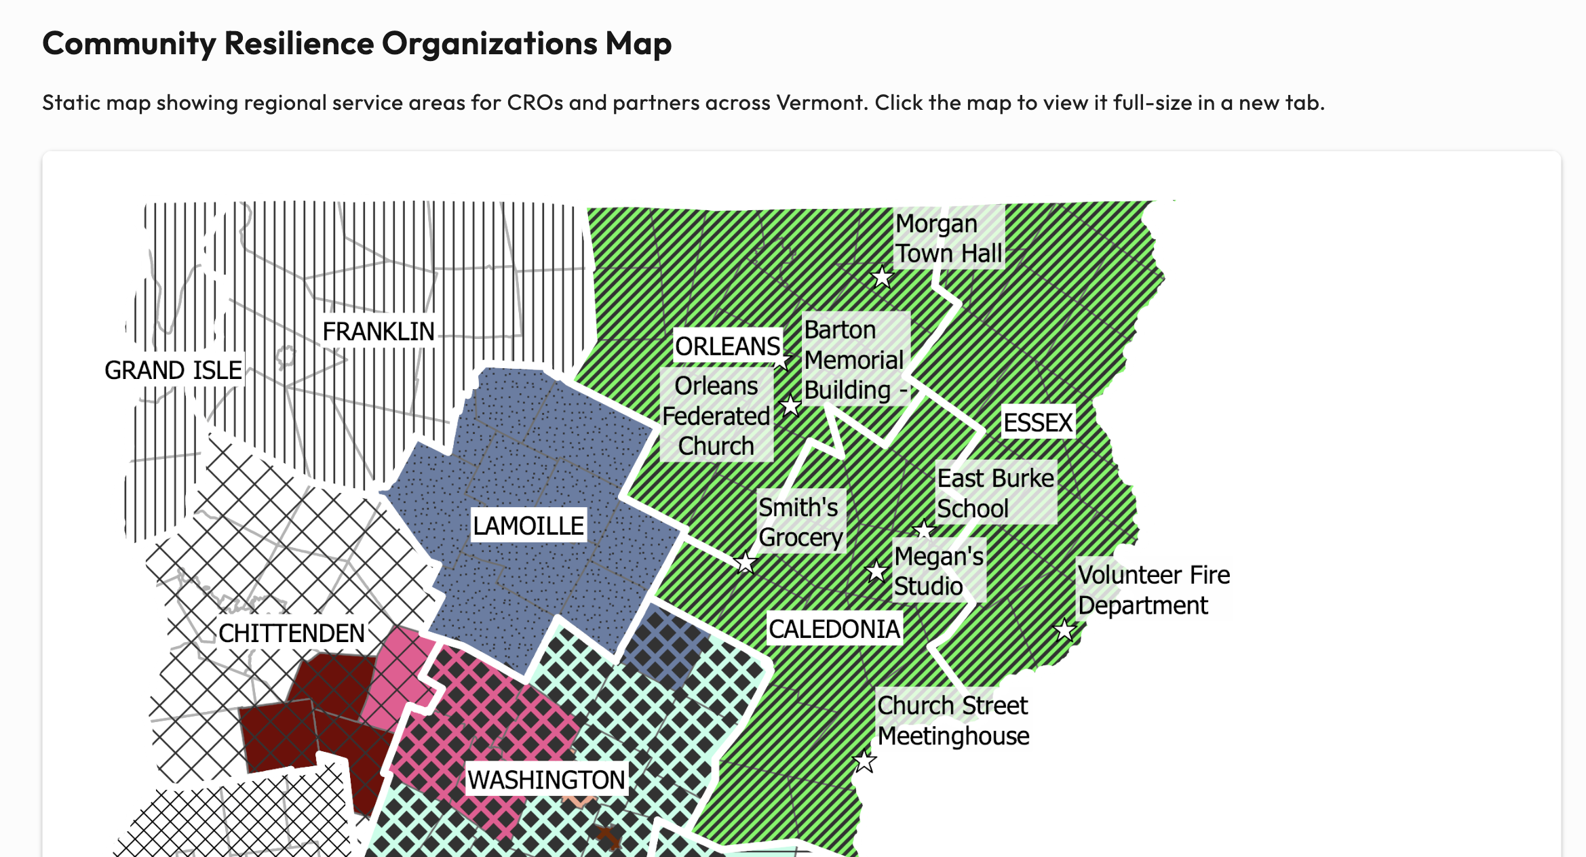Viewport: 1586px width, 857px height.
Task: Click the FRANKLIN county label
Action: (378, 332)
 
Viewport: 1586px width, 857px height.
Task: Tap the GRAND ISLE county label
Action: (173, 370)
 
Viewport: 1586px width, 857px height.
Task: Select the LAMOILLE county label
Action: (528, 525)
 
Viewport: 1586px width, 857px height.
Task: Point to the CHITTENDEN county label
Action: (291, 633)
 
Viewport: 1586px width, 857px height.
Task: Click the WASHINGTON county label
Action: (546, 780)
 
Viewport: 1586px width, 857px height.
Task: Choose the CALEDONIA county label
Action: (834, 629)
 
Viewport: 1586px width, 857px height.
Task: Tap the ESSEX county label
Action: (1037, 422)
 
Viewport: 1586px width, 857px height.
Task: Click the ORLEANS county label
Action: (727, 346)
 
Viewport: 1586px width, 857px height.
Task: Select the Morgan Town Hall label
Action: (948, 239)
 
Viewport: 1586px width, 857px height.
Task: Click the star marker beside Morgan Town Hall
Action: (882, 277)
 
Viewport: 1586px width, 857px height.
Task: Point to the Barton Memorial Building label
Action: (855, 359)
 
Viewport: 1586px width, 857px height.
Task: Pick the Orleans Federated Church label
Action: (716, 416)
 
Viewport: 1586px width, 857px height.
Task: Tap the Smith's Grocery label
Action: (800, 522)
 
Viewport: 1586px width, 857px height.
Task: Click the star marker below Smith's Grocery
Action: (746, 562)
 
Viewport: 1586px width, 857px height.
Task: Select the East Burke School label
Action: (995, 493)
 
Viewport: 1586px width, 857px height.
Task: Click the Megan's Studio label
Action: (938, 571)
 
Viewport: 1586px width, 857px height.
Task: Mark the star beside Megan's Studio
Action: (876, 572)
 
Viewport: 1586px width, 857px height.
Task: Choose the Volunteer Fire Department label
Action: (1153, 590)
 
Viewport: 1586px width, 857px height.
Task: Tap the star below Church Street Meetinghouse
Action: (864, 761)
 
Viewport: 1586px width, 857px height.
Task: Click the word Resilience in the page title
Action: (298, 43)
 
